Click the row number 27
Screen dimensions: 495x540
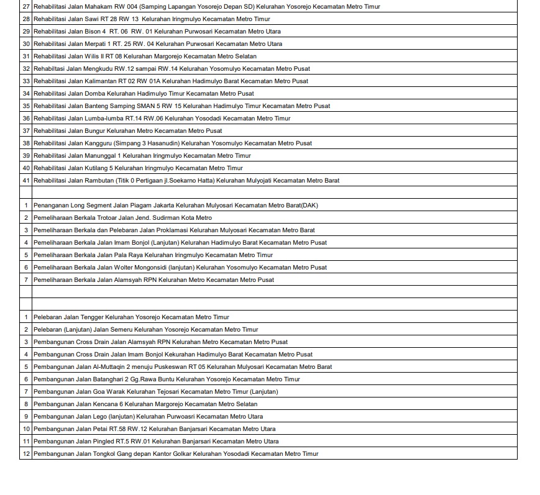(26, 7)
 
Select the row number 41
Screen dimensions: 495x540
(26, 181)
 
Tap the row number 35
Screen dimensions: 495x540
(26, 106)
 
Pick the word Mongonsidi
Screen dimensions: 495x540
(150, 268)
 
